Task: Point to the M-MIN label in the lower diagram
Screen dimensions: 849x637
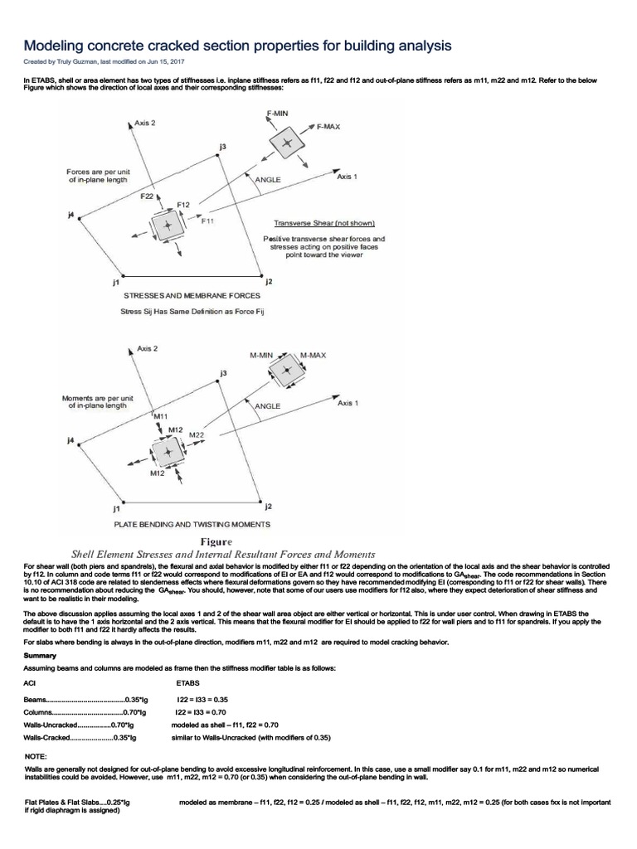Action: pyautogui.click(x=261, y=355)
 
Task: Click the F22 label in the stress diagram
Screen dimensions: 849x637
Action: pyautogui.click(x=147, y=196)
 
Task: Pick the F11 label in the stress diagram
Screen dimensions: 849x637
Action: pyautogui.click(x=207, y=221)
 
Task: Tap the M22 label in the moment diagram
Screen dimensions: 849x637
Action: pyautogui.click(x=197, y=434)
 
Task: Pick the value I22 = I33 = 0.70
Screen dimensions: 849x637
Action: pyautogui.click(x=202, y=711)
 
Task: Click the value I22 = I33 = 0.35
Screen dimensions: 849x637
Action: pyautogui.click(x=202, y=700)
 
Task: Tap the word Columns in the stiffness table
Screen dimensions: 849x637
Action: pyautogui.click(x=38, y=711)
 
